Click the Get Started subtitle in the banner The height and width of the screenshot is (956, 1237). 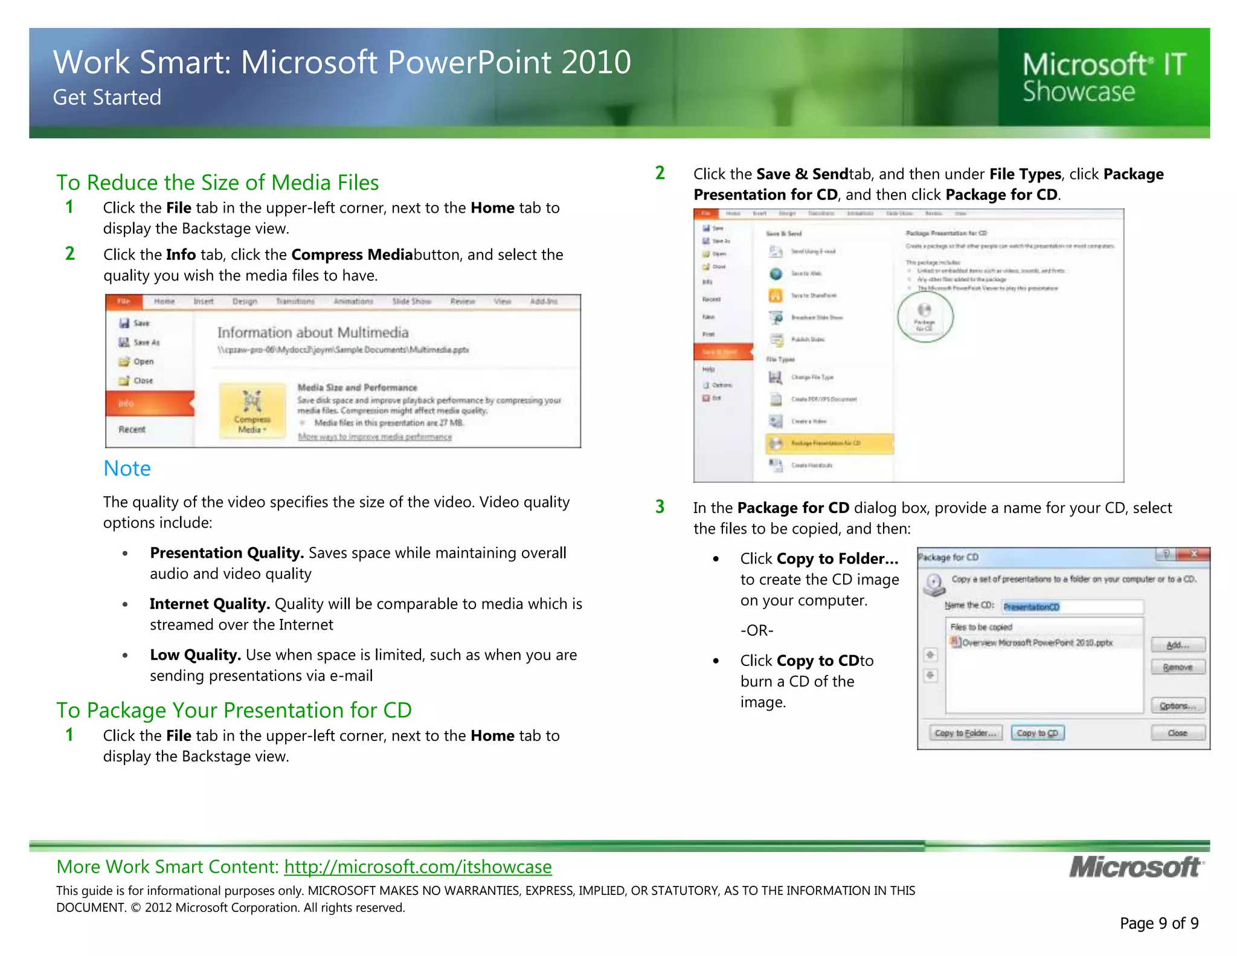(107, 97)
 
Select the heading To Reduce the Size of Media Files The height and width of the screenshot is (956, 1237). (217, 182)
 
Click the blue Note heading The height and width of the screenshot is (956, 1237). (127, 468)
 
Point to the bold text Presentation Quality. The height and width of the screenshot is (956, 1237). (227, 553)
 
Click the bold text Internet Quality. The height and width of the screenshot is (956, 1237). (209, 604)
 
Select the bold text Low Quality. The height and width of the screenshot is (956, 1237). (195, 655)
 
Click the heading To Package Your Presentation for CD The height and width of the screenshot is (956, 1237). (234, 710)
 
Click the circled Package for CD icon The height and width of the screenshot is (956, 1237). (925, 317)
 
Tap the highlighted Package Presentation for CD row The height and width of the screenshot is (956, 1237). (829, 444)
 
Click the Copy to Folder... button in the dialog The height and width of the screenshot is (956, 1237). (965, 733)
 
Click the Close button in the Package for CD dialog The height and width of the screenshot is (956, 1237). (1177, 733)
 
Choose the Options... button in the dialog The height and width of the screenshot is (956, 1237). (1177, 706)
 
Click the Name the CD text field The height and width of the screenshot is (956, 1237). (1072, 607)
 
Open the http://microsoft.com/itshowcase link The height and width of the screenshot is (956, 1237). (417, 867)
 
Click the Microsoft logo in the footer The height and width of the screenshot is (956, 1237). (1136, 867)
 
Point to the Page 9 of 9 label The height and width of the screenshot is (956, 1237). (1158, 923)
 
